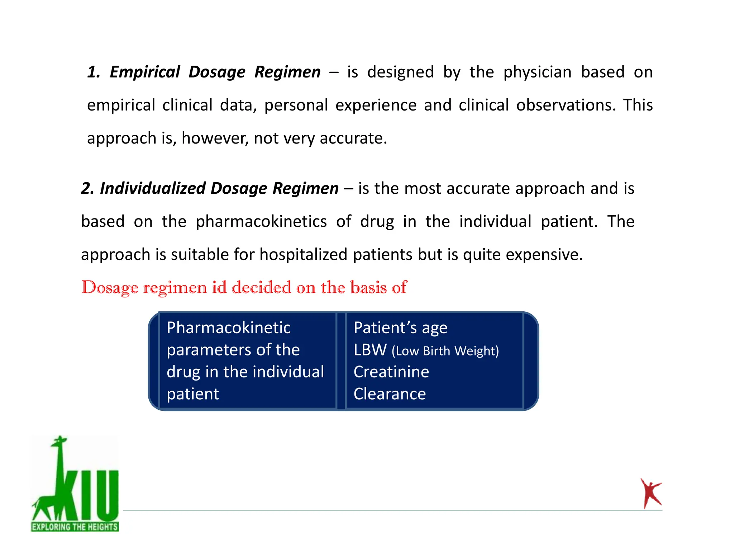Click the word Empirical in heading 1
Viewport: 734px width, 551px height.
(x=144, y=72)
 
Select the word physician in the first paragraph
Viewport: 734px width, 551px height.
(x=537, y=72)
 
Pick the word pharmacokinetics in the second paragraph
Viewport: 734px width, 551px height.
(x=261, y=221)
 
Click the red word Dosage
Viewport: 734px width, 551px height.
(x=110, y=288)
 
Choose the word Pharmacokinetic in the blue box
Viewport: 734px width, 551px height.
(x=229, y=328)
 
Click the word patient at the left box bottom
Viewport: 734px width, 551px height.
(x=193, y=394)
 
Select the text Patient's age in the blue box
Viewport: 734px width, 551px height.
(x=400, y=328)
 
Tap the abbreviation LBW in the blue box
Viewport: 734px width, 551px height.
(x=370, y=350)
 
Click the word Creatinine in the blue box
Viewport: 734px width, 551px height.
(x=391, y=372)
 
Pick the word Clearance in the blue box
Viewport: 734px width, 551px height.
(x=390, y=394)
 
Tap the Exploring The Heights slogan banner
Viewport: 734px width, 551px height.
(x=75, y=527)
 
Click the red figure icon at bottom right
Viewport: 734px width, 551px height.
(x=650, y=493)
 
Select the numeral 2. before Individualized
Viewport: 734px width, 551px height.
(x=87, y=188)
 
